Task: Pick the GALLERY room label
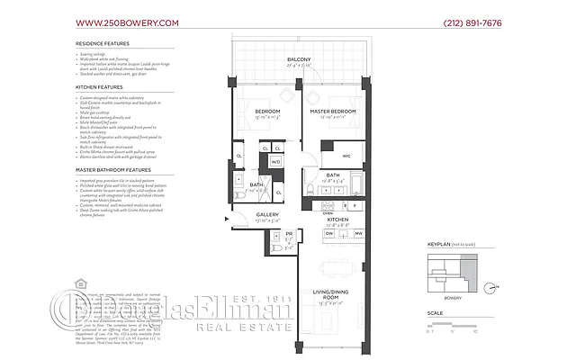pyautogui.click(x=244, y=213)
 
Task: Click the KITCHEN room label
pyautogui.click(x=337, y=219)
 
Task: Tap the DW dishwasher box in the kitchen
pyautogui.click(x=329, y=233)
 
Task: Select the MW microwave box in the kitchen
pyautogui.click(x=357, y=233)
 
